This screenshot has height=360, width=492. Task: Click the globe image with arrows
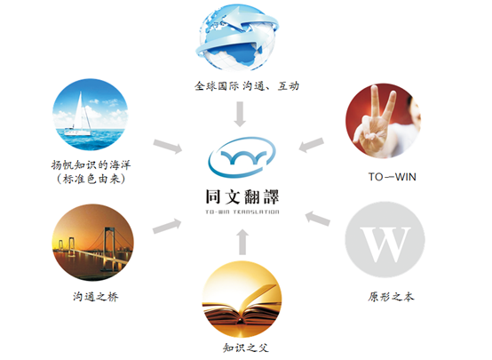point(237,37)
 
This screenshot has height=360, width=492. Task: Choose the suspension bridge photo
point(93,242)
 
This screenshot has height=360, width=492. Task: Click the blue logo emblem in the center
point(242,156)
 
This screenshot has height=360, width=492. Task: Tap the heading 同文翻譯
point(242,197)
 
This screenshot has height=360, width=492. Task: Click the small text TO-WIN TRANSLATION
point(242,212)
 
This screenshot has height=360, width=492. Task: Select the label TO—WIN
point(393,177)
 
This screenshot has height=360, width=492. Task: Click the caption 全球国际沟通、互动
point(247,85)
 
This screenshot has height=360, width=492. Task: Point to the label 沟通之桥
point(96,297)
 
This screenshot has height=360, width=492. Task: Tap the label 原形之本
point(391,297)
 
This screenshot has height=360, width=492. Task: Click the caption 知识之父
point(246,348)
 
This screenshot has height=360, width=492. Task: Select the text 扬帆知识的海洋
point(91,165)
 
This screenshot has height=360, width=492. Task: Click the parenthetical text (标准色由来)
point(91,179)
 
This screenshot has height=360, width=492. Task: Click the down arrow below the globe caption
point(240,114)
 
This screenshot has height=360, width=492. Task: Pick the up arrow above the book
point(242,242)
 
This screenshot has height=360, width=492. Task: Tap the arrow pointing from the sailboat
point(168,147)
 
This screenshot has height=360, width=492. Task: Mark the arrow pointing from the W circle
point(318,219)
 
